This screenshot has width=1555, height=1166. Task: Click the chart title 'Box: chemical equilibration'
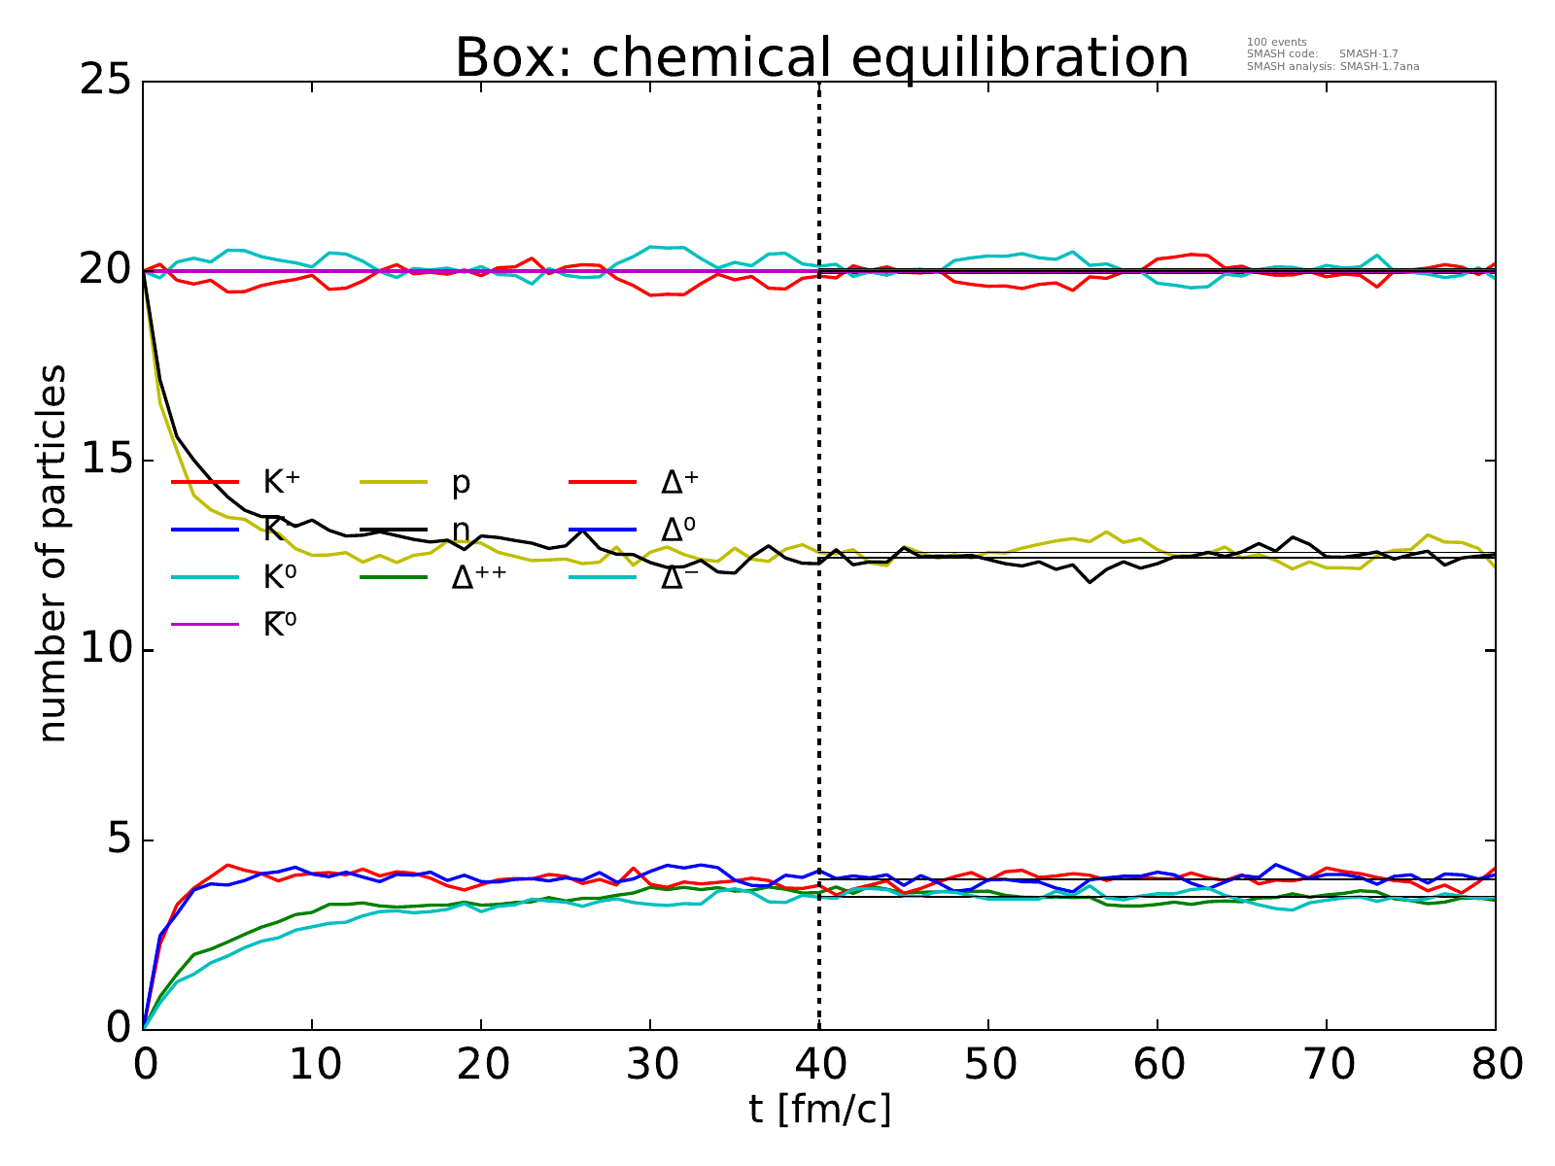(821, 58)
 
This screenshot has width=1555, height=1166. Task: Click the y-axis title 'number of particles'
(53, 554)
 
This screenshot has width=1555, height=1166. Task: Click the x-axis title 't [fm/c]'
(819, 1109)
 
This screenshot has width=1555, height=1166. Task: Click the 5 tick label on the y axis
(117, 840)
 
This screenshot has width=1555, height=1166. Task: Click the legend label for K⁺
(281, 482)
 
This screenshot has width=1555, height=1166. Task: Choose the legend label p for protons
(461, 483)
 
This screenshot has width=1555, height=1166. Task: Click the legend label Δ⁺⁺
(479, 577)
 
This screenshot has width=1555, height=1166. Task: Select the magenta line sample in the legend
(205, 624)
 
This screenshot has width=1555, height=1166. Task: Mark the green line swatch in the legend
(394, 576)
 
